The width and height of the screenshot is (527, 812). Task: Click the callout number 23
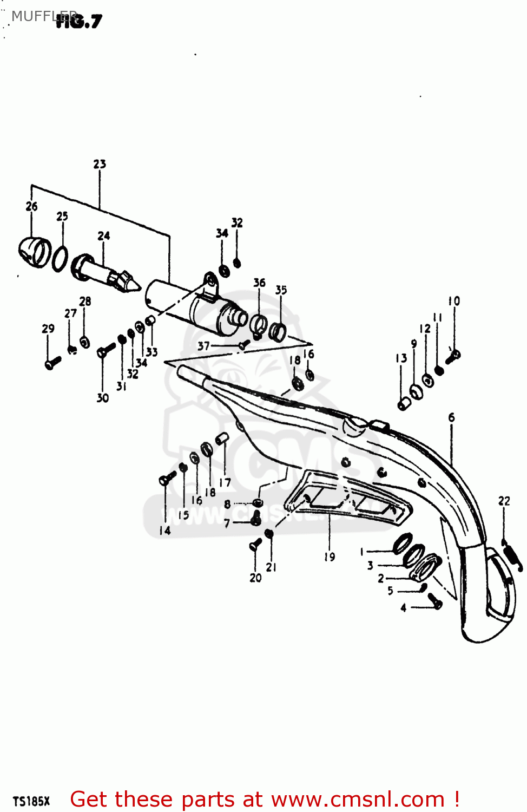pos(100,163)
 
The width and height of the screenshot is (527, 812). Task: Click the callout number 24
pos(103,235)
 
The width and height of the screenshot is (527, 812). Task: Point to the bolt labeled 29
pos(52,363)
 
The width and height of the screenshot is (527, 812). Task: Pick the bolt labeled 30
pos(106,350)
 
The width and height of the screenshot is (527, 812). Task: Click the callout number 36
pos(259,282)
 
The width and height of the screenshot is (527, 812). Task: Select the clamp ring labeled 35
pos(278,330)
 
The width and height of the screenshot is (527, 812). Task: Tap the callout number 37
pos(203,345)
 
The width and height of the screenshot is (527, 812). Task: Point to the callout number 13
pos(401,358)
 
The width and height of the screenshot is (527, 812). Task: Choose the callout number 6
pos(451,417)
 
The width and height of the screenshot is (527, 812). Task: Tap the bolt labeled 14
pos(167,479)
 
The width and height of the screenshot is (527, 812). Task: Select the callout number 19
pos(330,556)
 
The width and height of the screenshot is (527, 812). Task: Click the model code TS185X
pos(31,801)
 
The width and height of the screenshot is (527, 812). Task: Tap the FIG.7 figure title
pos(79,22)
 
